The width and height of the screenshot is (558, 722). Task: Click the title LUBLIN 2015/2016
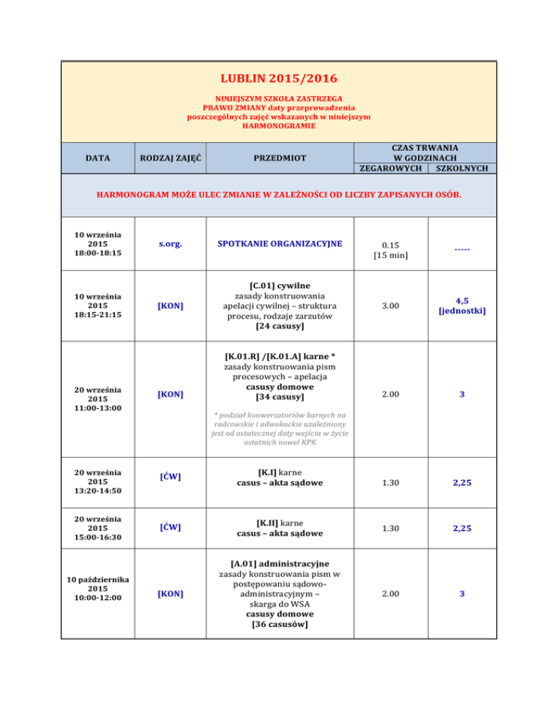279,77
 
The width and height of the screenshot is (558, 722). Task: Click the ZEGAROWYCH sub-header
392,169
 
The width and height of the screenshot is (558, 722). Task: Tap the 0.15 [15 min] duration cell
393,251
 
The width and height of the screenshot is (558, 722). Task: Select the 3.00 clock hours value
393,306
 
